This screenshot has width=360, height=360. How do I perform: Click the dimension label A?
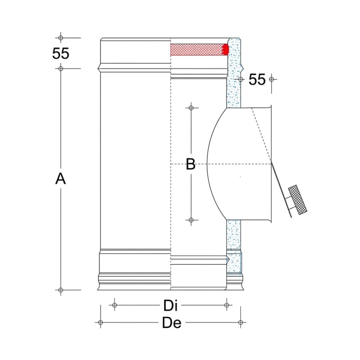[60, 179]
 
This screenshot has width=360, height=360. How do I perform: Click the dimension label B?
[190, 164]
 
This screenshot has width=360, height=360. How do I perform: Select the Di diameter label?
[170, 306]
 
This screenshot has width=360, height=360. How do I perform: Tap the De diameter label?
[172, 323]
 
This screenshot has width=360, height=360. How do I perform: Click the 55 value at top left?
[60, 54]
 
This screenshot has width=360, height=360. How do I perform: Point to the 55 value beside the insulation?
[257, 80]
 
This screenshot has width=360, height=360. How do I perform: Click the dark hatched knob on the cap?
[298, 200]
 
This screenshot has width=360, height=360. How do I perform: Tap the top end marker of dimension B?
[191, 108]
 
